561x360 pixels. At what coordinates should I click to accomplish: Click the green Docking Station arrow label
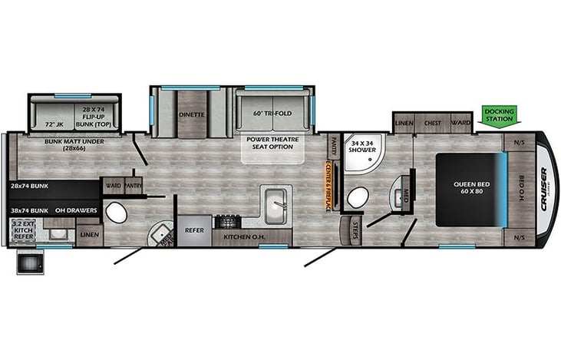pos(500,115)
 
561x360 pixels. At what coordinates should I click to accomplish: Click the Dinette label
pos(191,114)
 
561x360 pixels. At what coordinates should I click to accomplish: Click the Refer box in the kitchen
pos(193,228)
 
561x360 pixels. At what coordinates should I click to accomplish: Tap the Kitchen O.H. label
pos(244,236)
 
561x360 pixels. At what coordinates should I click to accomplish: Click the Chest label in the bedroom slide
pos(432,122)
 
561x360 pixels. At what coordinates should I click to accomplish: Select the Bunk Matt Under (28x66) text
pos(63,146)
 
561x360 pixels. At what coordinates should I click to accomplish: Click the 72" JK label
pos(54,124)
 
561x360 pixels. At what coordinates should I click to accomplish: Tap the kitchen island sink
pos(276,203)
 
